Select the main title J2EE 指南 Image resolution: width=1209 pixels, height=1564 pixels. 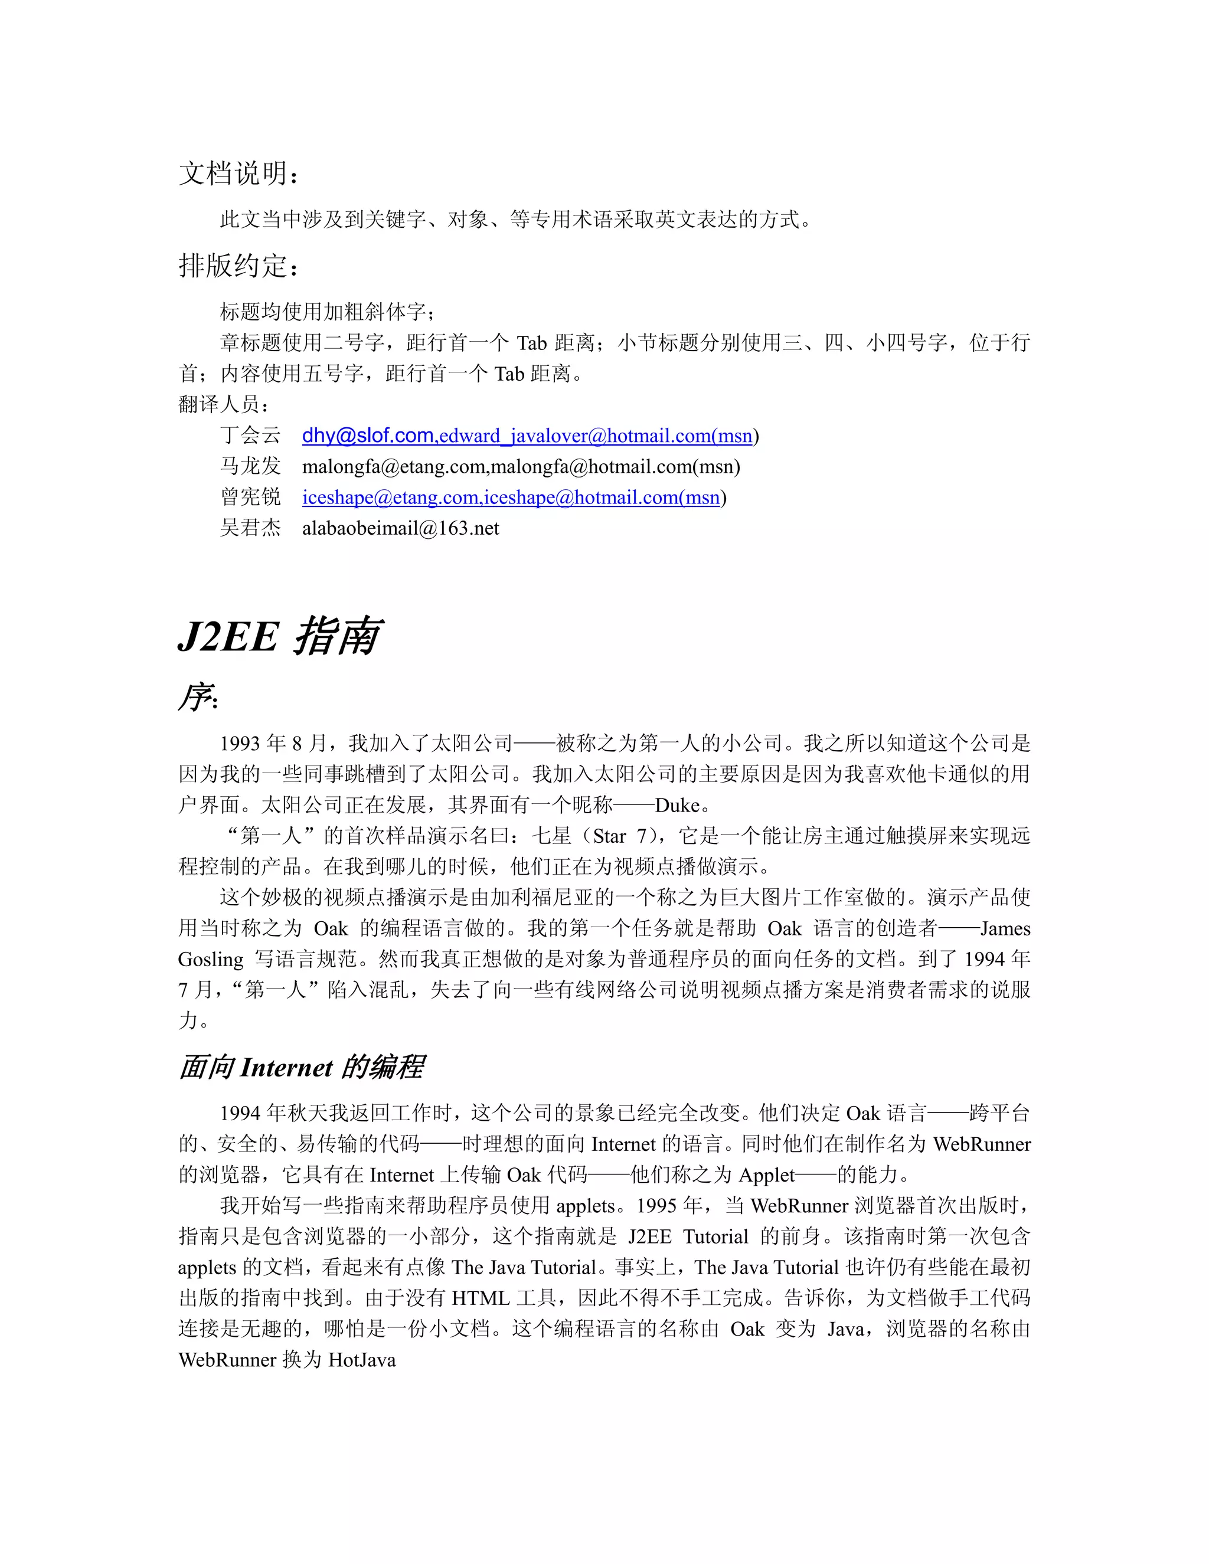279,635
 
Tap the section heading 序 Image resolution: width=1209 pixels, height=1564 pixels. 197,697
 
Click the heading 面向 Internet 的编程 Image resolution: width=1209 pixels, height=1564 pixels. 302,1067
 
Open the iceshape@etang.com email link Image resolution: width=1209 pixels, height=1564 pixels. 390,497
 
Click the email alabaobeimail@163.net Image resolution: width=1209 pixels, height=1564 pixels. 400,528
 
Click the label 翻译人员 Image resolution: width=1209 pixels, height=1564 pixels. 223,405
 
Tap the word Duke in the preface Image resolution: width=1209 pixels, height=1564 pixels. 677,805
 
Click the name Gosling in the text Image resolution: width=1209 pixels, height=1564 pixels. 211,960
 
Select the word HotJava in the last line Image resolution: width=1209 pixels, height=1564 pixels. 362,1360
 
